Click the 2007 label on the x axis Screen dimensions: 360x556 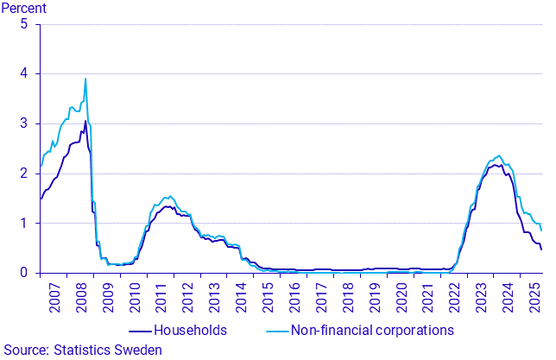54,302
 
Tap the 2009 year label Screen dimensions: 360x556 108,302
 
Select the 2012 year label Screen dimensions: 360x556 188,302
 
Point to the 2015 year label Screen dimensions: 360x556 269,302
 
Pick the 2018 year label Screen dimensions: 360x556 349,302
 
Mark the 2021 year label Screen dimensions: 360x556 429,302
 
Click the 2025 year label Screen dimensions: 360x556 535,302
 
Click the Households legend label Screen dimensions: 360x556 190,330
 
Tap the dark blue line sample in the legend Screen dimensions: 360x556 139,330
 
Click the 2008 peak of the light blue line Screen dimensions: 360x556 85,79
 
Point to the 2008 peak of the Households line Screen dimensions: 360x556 85,121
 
